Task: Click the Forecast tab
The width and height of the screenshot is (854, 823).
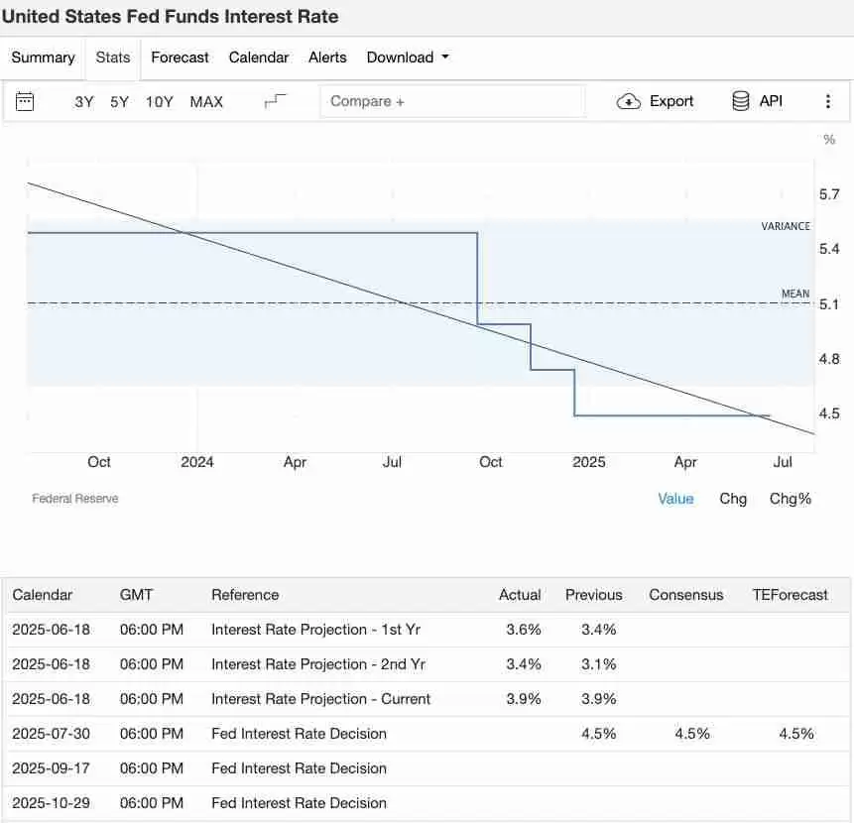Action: point(180,58)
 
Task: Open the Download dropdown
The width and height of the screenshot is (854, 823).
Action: point(407,58)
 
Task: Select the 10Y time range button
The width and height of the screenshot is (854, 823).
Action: point(159,101)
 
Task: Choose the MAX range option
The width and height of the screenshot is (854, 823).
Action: point(206,101)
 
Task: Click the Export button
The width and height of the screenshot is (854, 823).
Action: point(656,101)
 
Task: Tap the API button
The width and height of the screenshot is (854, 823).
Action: point(757,101)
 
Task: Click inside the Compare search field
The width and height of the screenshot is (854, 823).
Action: point(452,101)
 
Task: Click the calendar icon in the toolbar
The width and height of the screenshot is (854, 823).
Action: point(26,101)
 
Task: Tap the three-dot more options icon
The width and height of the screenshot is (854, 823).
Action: point(828,101)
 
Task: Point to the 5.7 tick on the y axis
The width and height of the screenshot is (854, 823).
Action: point(829,194)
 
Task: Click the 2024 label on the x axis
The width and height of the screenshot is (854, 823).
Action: point(197,462)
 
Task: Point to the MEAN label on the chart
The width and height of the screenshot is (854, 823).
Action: point(795,294)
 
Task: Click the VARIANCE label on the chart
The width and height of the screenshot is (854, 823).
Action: point(786,226)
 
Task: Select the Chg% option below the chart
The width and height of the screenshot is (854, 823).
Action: point(791,499)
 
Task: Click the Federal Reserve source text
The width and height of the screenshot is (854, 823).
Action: point(75,499)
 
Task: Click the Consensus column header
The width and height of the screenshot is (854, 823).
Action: point(686,595)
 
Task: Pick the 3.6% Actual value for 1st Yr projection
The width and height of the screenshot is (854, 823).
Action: point(524,630)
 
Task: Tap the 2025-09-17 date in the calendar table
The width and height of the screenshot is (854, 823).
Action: point(51,768)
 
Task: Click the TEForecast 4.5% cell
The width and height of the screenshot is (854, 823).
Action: point(796,734)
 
